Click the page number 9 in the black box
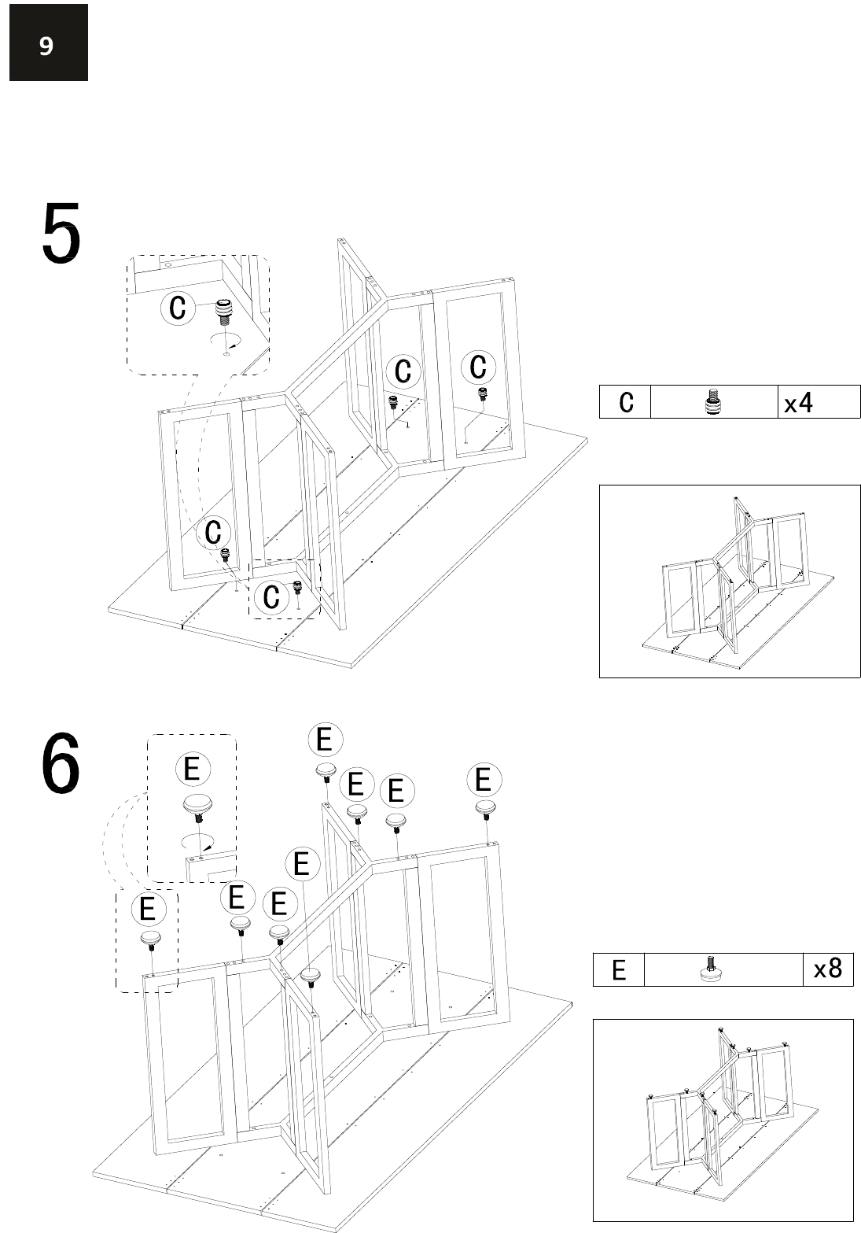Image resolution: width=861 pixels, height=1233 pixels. (46, 46)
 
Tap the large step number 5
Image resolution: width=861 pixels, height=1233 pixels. (61, 232)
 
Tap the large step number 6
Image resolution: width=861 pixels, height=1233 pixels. (61, 762)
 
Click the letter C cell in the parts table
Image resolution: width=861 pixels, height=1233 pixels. (626, 402)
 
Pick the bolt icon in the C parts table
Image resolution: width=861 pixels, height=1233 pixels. (713, 402)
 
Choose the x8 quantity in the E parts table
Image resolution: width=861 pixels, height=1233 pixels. (827, 969)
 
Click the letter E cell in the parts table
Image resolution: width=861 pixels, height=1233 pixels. (618, 969)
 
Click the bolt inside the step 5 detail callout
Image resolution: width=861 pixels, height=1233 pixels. (223, 312)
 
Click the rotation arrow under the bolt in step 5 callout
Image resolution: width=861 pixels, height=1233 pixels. (226, 339)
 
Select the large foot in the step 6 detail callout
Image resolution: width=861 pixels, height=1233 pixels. (197, 808)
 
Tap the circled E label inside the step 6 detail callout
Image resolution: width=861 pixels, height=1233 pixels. (193, 768)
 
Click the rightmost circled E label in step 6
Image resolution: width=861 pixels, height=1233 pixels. (484, 780)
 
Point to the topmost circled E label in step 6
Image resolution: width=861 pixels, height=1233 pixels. (326, 740)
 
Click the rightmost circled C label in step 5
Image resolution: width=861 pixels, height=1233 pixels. (479, 367)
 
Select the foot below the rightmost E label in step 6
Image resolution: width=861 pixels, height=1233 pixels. (485, 809)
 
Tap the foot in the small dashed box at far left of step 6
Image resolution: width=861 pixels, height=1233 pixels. (151, 940)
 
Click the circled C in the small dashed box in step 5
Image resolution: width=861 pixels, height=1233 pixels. (272, 596)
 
